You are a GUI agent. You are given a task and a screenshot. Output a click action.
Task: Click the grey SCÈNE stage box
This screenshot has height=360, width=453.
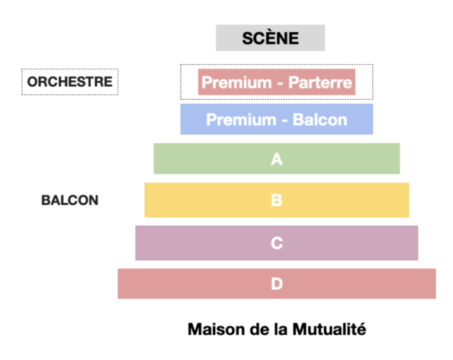coord(271,38)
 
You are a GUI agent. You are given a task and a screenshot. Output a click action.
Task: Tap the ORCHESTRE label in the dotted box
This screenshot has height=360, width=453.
coord(69,82)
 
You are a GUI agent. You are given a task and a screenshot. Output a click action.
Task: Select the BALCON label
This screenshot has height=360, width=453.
coord(70,201)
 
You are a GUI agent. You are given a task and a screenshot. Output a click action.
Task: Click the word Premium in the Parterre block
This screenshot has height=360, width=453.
coord(236,82)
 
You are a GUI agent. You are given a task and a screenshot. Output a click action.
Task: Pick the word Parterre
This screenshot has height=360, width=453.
coord(320,82)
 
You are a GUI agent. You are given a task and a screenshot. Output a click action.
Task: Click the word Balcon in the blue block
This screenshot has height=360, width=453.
coord(320,120)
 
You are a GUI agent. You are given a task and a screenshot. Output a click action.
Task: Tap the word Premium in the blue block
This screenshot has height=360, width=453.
coord(241,121)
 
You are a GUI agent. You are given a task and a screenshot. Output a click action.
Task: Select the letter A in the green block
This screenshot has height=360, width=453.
coord(277,159)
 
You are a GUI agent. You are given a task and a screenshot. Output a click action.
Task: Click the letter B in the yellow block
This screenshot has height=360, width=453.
coord(277,200)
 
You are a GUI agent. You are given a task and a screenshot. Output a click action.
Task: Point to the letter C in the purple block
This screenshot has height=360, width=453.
coord(277,243)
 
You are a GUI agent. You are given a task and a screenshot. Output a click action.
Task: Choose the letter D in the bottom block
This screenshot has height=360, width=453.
coord(277,284)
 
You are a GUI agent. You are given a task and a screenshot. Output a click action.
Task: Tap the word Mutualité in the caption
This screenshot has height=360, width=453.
coord(329,329)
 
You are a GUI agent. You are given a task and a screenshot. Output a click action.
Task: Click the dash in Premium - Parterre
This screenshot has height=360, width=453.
coord(280,84)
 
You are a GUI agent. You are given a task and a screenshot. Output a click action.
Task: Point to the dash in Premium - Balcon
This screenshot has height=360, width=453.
coord(284,121)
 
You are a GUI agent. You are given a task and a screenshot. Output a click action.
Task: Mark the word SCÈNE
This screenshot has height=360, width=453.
coord(271,38)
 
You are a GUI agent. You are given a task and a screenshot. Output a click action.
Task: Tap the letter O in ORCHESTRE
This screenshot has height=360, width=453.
coord(33,82)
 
